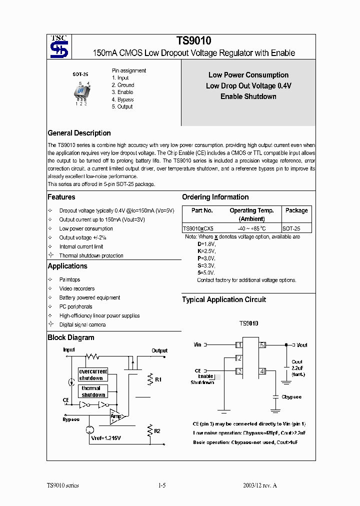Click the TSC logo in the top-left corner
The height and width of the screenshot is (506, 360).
(x=58, y=46)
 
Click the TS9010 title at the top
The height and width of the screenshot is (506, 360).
(x=190, y=41)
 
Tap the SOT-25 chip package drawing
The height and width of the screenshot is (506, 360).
(x=81, y=92)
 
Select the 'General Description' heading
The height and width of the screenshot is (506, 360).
(x=79, y=133)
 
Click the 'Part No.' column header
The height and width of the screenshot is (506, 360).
(x=202, y=210)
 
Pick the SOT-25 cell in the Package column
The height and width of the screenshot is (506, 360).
(x=296, y=228)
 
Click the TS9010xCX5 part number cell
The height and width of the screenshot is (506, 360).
(x=198, y=228)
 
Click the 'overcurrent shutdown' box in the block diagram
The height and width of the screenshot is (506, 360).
(x=93, y=374)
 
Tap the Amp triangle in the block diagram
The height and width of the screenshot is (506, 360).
(x=117, y=416)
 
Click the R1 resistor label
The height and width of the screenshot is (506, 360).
(x=158, y=380)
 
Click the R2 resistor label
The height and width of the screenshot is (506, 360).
(x=157, y=430)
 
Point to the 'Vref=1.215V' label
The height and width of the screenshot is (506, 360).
(x=106, y=438)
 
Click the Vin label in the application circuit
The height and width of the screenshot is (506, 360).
(x=197, y=345)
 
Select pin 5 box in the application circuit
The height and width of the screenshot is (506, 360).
(x=262, y=345)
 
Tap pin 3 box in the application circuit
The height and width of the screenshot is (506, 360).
(x=239, y=371)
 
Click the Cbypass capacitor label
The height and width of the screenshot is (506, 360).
(x=291, y=397)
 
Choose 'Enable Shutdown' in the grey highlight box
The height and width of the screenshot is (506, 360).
(x=248, y=96)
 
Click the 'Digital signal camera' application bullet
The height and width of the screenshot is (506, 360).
(x=82, y=324)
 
